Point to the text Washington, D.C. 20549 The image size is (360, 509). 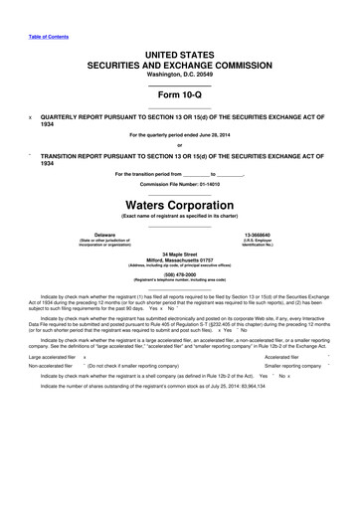coord(180,76)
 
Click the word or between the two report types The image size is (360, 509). coord(180,145)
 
